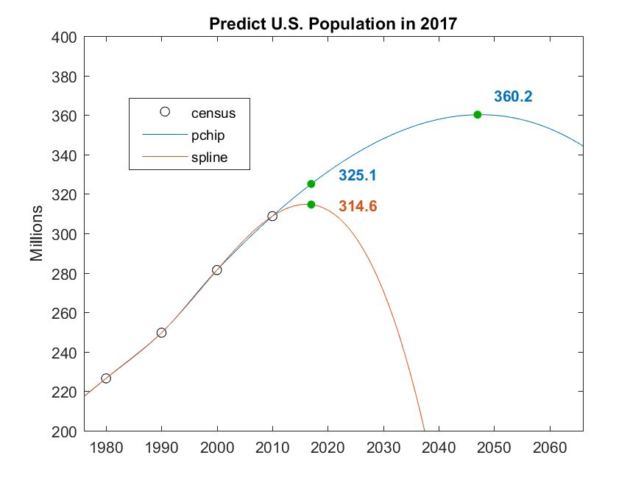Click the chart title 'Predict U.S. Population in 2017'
pos(333,23)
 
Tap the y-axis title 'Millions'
pos(37,234)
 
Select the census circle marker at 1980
pos(106,378)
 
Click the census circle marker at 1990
pos(161,333)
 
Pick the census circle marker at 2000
pos(217,270)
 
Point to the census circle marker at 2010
pos(272,216)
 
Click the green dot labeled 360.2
pos(478,115)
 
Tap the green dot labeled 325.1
pos(311,184)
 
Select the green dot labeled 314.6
pos(311,205)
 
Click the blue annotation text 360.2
pos(513,96)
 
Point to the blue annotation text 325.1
pos(358,176)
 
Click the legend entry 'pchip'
pos(208,135)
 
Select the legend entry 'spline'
pos(209,158)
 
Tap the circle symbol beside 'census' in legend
pos(165,112)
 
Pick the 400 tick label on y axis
pos(66,38)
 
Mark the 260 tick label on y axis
pos(66,313)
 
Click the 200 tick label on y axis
pos(66,431)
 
